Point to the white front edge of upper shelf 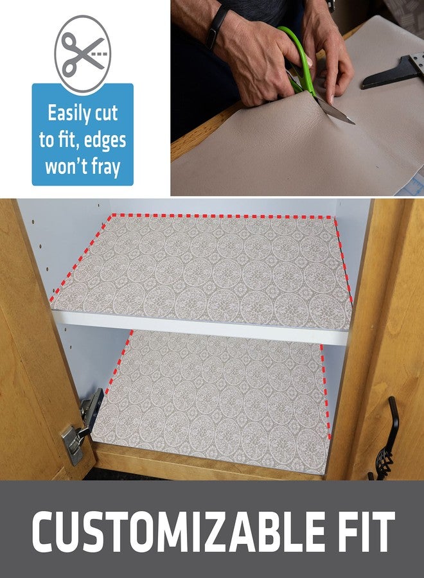coord(199,326)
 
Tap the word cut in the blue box coord(106,114)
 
